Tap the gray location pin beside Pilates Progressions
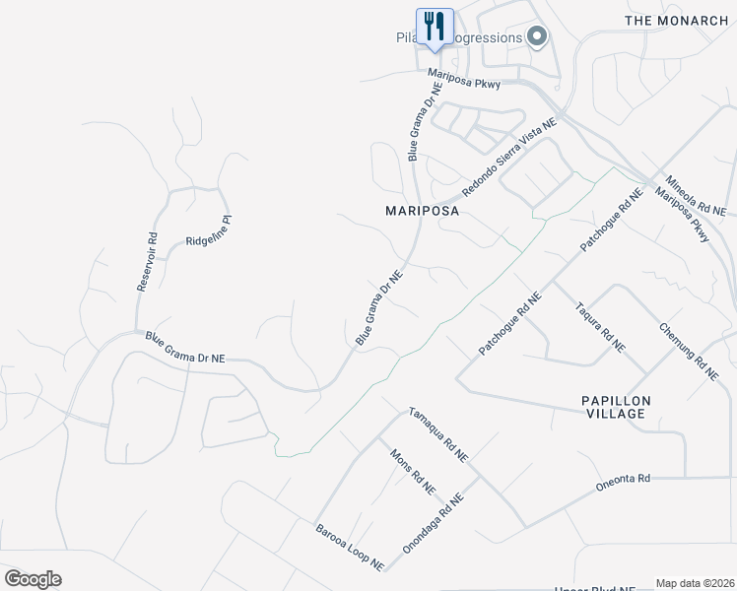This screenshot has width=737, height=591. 537,37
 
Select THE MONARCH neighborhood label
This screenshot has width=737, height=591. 677,20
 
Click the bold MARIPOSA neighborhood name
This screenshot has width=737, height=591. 423,211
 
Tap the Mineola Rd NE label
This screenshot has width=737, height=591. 695,196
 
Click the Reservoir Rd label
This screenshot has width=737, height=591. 147,261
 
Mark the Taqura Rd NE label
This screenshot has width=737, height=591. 599,326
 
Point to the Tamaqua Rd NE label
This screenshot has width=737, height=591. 437,434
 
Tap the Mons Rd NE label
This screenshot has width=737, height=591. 413,472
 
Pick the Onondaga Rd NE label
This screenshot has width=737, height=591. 434,522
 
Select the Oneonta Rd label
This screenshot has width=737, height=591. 623,481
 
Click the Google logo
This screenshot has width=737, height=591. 33,579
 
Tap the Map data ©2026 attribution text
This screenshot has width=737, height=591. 696,583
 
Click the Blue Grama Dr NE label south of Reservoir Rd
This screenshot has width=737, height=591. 185,349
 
